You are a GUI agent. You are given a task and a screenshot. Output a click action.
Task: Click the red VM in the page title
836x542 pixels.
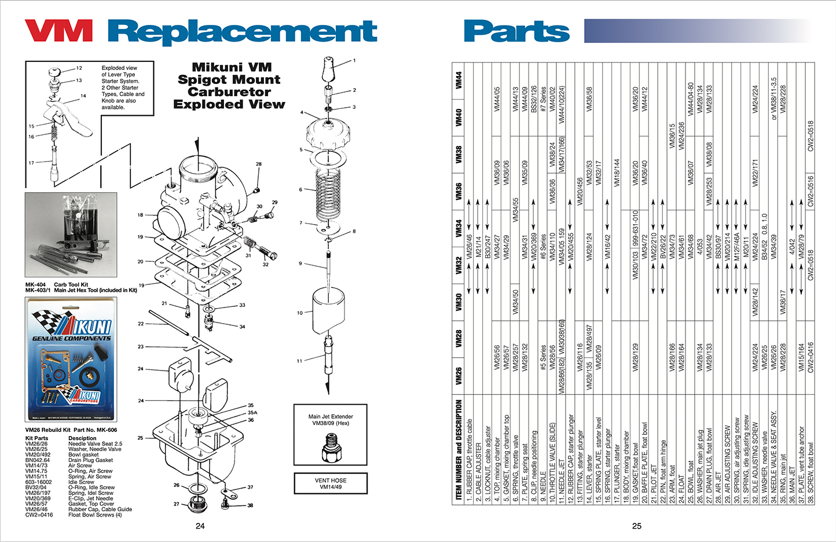tap(58, 31)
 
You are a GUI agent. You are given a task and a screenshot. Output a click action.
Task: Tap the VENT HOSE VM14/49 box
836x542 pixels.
tap(331, 484)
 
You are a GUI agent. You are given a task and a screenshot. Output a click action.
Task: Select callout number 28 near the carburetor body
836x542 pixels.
tap(259, 164)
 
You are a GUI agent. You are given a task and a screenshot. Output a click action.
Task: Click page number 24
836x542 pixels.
tap(200, 526)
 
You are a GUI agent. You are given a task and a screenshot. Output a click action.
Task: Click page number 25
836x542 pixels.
tap(636, 526)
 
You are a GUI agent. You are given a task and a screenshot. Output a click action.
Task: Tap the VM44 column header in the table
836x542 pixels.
tap(459, 80)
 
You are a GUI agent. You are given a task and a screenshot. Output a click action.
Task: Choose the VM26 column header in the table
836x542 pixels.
tap(459, 375)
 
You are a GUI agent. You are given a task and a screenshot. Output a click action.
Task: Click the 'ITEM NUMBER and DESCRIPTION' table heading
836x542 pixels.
tap(459, 449)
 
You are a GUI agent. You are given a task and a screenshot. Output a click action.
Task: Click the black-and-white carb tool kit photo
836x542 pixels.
tap(71, 235)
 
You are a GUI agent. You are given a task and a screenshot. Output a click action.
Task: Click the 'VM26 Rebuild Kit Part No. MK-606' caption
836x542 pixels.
tap(71, 430)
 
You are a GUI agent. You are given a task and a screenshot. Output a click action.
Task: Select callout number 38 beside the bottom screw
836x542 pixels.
tap(250, 506)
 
